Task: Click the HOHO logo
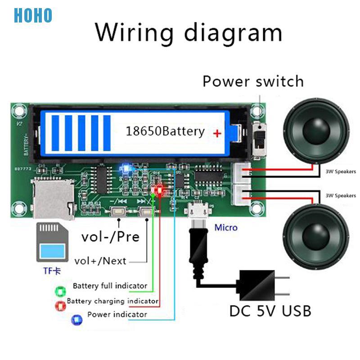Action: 33,15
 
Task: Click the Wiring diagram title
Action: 189,32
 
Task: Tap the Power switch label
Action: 253,81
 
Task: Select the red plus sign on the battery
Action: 217,133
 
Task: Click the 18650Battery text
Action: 165,131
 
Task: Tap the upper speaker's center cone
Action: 315,131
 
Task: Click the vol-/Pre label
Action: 110,236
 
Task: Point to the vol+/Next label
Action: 100,261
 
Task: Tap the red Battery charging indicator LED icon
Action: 60,306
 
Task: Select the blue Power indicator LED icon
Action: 76,320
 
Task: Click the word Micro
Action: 225,227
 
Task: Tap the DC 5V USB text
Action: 270,310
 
